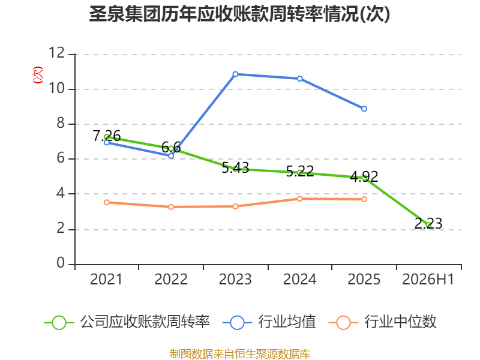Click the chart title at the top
click(x=239, y=14)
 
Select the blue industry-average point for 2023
click(x=235, y=74)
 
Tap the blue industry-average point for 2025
click(x=364, y=109)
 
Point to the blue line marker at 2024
click(x=299, y=79)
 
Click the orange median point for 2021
click(x=107, y=202)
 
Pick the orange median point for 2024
click(x=299, y=199)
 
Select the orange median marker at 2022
click(x=171, y=207)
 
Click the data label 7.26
click(x=107, y=136)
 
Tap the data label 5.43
click(x=235, y=168)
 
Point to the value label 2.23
click(x=428, y=223)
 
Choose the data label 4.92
click(x=364, y=176)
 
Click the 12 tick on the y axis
click(x=57, y=53)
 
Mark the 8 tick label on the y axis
click(x=61, y=123)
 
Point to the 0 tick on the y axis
click(x=61, y=263)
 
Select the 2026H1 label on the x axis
click(x=428, y=279)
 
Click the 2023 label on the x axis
click(x=235, y=279)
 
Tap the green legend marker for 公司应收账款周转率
click(x=59, y=323)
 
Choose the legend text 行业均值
click(x=287, y=322)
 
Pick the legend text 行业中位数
click(x=400, y=322)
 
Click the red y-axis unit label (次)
click(x=38, y=75)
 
